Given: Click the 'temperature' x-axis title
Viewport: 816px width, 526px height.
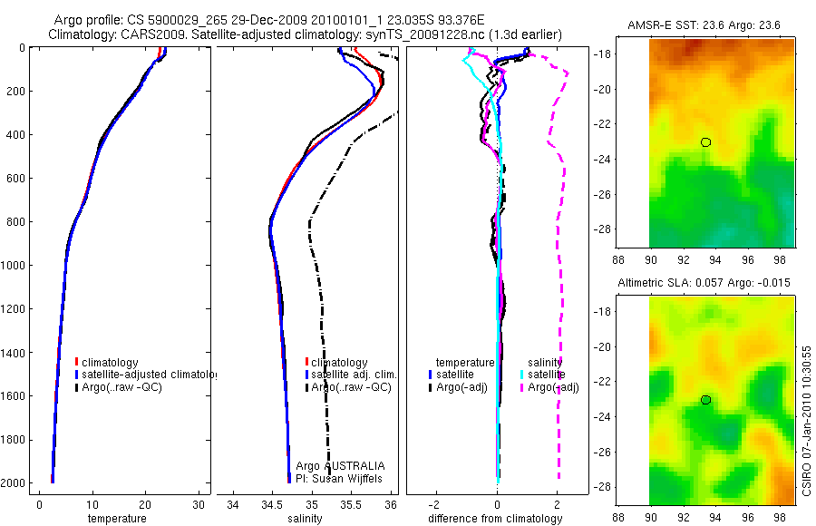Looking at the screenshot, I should coord(116,519).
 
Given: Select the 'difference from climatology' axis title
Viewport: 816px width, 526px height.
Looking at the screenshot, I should coord(496,519).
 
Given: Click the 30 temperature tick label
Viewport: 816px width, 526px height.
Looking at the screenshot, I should coord(199,504).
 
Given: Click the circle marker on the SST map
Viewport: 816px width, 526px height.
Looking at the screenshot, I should coord(705,142).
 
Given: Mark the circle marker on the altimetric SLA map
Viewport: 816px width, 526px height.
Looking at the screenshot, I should coord(705,400).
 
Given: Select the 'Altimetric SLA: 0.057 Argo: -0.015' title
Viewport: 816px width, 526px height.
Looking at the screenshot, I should coord(705,283).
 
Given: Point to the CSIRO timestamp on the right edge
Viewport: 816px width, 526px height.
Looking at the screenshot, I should coord(806,418).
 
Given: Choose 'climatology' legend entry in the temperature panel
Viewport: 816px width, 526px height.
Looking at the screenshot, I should coord(112,362).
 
